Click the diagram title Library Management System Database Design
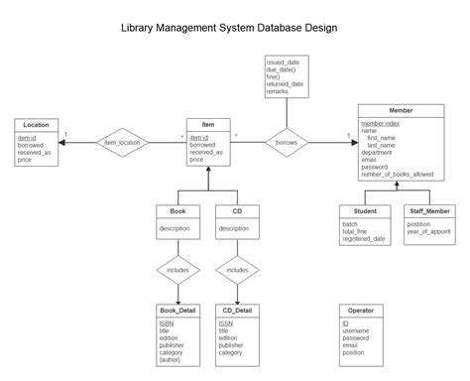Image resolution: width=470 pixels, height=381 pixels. (x=234, y=29)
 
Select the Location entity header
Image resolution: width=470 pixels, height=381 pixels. (x=37, y=124)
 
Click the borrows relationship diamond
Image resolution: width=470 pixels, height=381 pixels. (x=286, y=143)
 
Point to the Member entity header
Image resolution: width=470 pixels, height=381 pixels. (x=400, y=110)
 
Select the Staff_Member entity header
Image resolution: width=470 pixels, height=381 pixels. (x=428, y=211)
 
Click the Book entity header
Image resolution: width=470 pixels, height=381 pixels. (x=177, y=211)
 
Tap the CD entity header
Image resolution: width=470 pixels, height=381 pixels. (x=237, y=211)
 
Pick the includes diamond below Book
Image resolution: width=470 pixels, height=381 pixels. (x=177, y=269)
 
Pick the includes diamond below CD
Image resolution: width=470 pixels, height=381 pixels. (x=237, y=269)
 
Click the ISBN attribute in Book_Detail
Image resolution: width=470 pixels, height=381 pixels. (x=167, y=322)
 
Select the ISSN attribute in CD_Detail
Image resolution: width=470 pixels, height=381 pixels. (x=226, y=322)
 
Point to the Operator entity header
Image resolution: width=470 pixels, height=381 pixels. (x=361, y=311)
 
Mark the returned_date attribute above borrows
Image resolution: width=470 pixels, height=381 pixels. (x=285, y=85)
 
